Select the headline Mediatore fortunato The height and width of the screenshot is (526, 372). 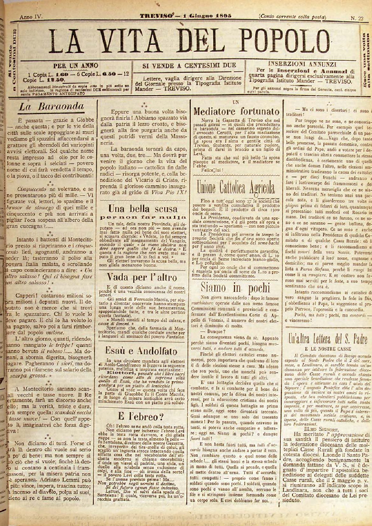[237, 112]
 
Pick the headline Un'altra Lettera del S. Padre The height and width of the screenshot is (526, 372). [329, 338]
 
